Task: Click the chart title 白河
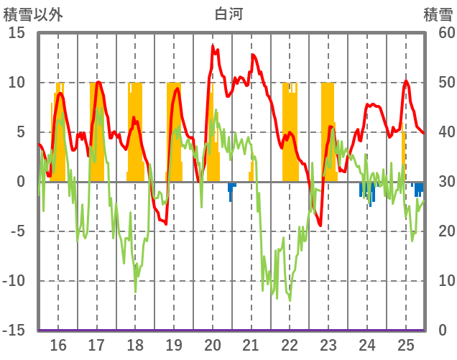[228, 13]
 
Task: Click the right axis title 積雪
[438, 13]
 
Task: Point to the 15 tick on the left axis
[17, 33]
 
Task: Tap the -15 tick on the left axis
[14, 331]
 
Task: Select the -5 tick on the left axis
[17, 231]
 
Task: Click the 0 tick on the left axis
[21, 182]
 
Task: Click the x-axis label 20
[213, 344]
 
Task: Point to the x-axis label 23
[328, 344]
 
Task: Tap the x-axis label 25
[406, 344]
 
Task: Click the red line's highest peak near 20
[213, 46]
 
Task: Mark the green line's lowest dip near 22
[290, 300]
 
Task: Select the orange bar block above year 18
[135, 129]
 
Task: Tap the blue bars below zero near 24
[368, 191]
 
